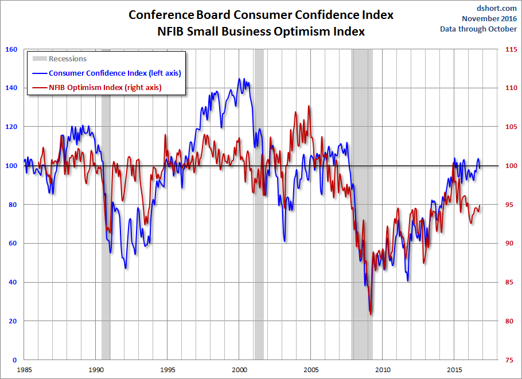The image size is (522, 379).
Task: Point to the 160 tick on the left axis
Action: pos(10,49)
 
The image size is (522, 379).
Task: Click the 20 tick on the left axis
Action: pos(13,321)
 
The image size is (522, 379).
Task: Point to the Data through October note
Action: pos(478,29)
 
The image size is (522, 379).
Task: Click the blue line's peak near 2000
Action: pos(240,79)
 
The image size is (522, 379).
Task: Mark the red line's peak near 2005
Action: pos(309,106)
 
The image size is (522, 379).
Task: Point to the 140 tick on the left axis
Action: pos(10,88)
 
